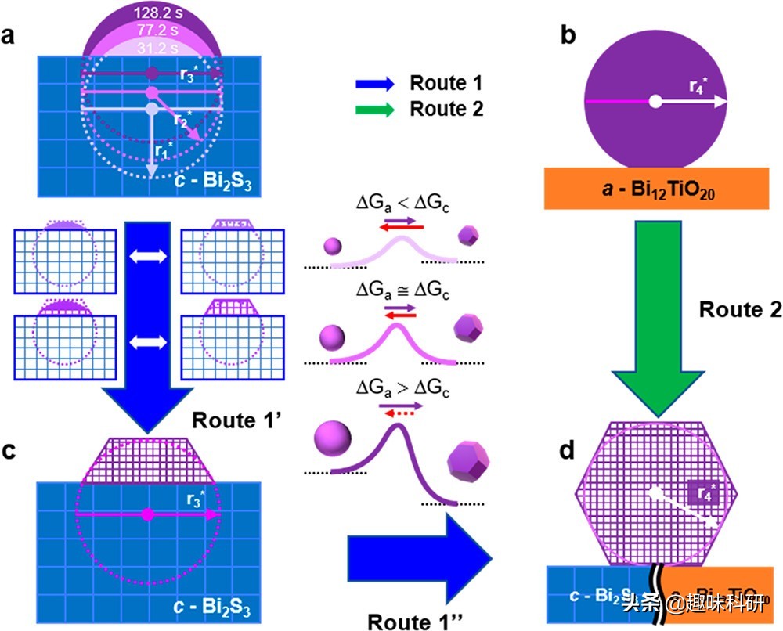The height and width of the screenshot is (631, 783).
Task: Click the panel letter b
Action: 568,36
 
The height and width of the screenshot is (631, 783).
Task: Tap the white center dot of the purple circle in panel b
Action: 656,102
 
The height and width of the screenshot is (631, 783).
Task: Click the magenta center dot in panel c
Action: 147,514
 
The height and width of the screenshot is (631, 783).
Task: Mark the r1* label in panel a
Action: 163,150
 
